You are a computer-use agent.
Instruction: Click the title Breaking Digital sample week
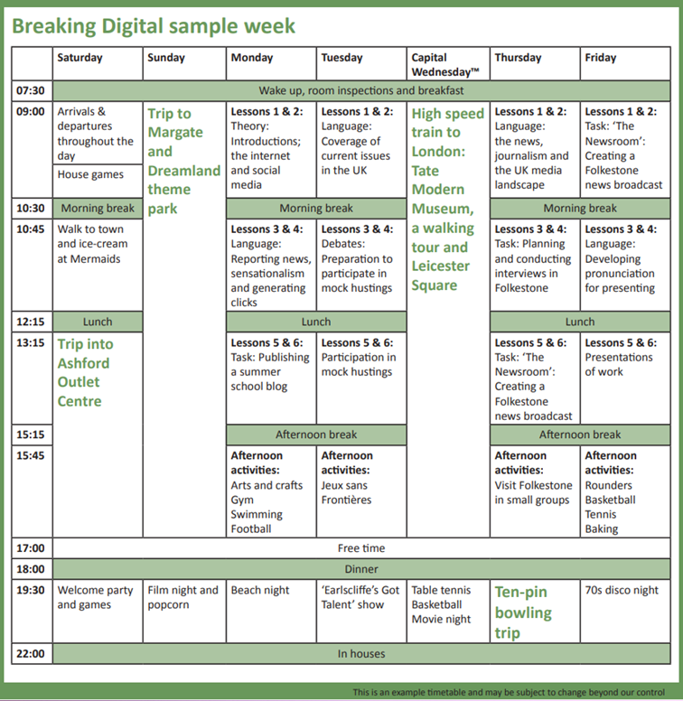pos(154,26)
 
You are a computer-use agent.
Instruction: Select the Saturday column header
pos(80,58)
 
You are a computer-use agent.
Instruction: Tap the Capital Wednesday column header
pos(445,65)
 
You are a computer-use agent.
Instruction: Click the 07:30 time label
pos(31,90)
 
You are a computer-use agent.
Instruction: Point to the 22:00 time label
pos(31,654)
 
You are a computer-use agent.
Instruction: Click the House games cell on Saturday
pos(90,174)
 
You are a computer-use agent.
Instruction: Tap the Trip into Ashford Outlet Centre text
pos(85,372)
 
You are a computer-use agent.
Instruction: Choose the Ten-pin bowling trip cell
pos(523,612)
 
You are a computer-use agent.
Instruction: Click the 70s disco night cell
pos(622,590)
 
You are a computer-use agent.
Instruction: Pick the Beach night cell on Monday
pos(260,590)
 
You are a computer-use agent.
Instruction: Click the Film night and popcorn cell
pos(182,597)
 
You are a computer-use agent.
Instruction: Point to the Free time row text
pos(361,548)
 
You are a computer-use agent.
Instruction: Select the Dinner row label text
pos(361,569)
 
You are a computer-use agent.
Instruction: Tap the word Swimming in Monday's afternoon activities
pos(257,515)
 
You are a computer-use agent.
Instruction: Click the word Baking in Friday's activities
pos(602,529)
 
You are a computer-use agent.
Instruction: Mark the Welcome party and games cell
pos(95,597)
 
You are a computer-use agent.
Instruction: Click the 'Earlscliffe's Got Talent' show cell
pos(360,597)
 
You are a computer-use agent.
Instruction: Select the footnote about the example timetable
pos(509,692)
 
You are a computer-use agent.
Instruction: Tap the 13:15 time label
pos(31,343)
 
